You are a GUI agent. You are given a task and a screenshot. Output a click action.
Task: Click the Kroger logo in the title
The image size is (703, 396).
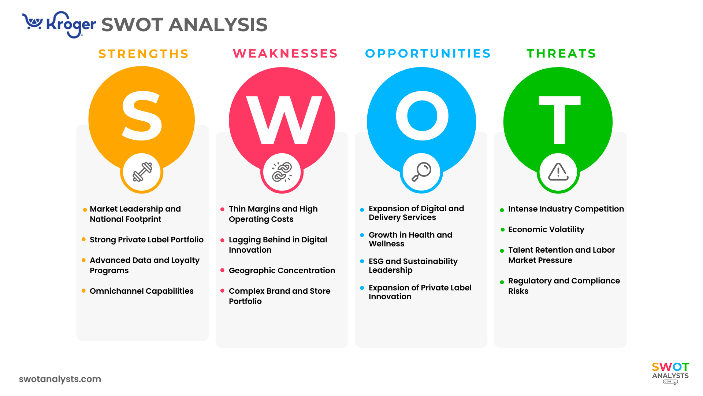pos(59,25)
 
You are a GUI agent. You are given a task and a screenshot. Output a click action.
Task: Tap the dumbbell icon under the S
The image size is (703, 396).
pos(142,172)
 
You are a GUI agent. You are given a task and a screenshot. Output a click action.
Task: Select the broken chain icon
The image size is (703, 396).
pos(282,172)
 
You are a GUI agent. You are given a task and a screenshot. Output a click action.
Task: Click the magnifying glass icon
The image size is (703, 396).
pos(421,172)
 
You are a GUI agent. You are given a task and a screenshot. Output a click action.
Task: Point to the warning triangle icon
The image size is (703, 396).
pos(558,172)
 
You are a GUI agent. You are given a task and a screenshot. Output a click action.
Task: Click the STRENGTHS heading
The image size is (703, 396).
pos(144,54)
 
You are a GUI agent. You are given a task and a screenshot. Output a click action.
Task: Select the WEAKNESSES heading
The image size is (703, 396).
pos(285,54)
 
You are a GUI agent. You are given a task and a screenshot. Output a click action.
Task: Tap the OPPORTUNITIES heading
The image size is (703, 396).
pos(428,54)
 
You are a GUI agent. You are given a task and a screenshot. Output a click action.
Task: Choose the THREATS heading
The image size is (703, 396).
pos(561,54)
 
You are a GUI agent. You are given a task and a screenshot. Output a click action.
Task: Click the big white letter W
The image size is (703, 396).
pos(284,120)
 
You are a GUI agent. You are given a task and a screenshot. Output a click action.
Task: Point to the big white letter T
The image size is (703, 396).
pos(559,120)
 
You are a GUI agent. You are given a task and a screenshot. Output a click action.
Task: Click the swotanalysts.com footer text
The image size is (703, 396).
pos(60,379)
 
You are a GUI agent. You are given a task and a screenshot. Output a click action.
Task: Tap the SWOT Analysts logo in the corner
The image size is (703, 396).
pos(670,372)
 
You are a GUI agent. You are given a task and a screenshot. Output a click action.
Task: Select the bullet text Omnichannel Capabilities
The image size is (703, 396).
pos(142,291)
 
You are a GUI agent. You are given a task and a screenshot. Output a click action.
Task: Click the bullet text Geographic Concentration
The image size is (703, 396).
pos(282,270)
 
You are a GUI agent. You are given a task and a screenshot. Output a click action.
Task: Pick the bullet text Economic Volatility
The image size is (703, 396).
pos(546,229)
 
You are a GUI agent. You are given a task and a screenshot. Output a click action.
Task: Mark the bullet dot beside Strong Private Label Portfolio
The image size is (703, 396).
pos(83,239)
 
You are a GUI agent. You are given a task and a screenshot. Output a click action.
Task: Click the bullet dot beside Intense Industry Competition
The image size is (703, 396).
pos(502,210)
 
